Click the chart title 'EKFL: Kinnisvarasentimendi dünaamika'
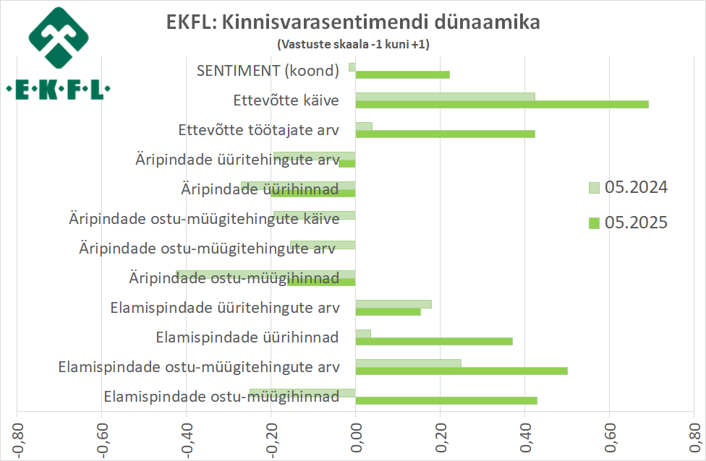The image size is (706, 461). (x=353, y=22)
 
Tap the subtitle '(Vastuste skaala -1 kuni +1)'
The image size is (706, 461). (x=353, y=44)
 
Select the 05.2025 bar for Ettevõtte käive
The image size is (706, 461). (x=501, y=104)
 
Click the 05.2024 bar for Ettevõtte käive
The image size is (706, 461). (x=445, y=96)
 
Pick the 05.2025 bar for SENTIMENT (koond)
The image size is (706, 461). (x=402, y=74)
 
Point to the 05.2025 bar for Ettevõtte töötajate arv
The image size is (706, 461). (x=445, y=134)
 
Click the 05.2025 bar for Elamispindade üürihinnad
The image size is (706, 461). (x=434, y=341)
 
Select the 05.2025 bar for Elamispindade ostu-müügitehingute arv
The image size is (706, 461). (x=462, y=371)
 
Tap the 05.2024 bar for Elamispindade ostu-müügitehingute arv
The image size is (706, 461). (x=408, y=363)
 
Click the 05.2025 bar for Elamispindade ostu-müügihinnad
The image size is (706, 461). (x=446, y=400)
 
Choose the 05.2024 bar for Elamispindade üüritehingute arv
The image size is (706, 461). (x=394, y=303)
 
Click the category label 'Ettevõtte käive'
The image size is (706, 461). (x=286, y=100)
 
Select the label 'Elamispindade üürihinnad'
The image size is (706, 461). (x=248, y=337)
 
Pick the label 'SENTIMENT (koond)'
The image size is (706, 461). (x=268, y=70)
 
